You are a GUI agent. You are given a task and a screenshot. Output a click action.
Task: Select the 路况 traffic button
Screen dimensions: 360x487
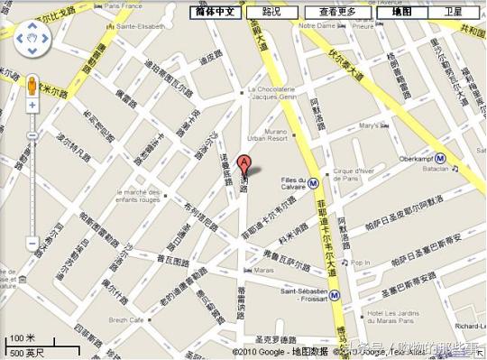(x=271, y=12)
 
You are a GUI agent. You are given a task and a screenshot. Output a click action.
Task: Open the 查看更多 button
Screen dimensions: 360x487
(x=336, y=12)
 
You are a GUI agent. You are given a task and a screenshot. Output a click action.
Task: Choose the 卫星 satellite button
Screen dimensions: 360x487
(x=453, y=12)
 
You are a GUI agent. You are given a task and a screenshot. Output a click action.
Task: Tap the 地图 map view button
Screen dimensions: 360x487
(x=400, y=12)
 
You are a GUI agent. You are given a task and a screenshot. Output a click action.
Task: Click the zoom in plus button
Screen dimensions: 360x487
(x=32, y=105)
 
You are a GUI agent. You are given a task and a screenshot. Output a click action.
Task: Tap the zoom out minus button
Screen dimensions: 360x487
(x=32, y=243)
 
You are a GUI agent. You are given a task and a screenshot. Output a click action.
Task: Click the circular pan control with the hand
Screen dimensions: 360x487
(x=32, y=41)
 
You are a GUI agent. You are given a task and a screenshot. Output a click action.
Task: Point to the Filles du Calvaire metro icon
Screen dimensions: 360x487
(x=313, y=181)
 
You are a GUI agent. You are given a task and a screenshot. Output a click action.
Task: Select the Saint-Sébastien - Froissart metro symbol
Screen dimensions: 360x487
(x=334, y=294)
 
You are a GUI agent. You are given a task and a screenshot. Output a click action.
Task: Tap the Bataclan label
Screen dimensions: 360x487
(x=434, y=168)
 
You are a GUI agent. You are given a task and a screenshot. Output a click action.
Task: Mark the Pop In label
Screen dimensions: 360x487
(x=361, y=263)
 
